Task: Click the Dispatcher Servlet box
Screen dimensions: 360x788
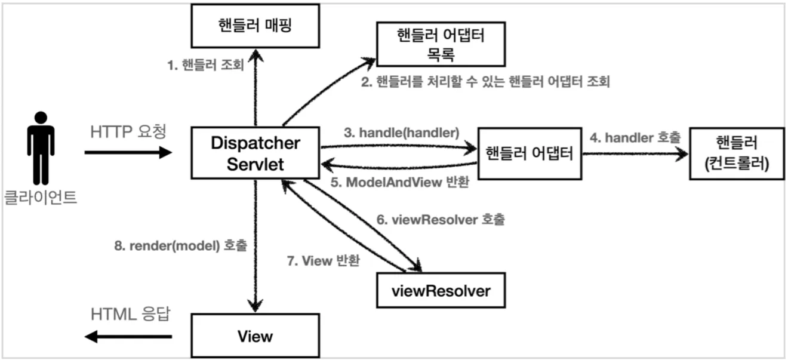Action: click(x=255, y=153)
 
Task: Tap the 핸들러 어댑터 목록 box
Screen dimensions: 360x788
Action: click(x=441, y=44)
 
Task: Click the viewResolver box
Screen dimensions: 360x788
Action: click(x=441, y=291)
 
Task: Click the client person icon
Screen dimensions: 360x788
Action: click(x=41, y=148)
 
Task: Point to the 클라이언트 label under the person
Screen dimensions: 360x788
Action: click(x=41, y=198)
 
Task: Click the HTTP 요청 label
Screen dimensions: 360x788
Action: click(x=127, y=130)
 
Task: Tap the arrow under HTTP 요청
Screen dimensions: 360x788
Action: click(x=128, y=153)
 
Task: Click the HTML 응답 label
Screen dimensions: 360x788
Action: click(x=130, y=314)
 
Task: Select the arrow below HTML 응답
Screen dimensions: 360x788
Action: click(x=128, y=337)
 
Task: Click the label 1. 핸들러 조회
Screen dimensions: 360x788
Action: click(x=205, y=64)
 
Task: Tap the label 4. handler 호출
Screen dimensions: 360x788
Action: click(x=635, y=137)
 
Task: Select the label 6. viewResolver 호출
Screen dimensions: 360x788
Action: click(x=441, y=220)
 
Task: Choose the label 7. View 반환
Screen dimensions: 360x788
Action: click(x=323, y=261)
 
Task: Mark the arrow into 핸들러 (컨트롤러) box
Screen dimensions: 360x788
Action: click(x=636, y=153)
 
